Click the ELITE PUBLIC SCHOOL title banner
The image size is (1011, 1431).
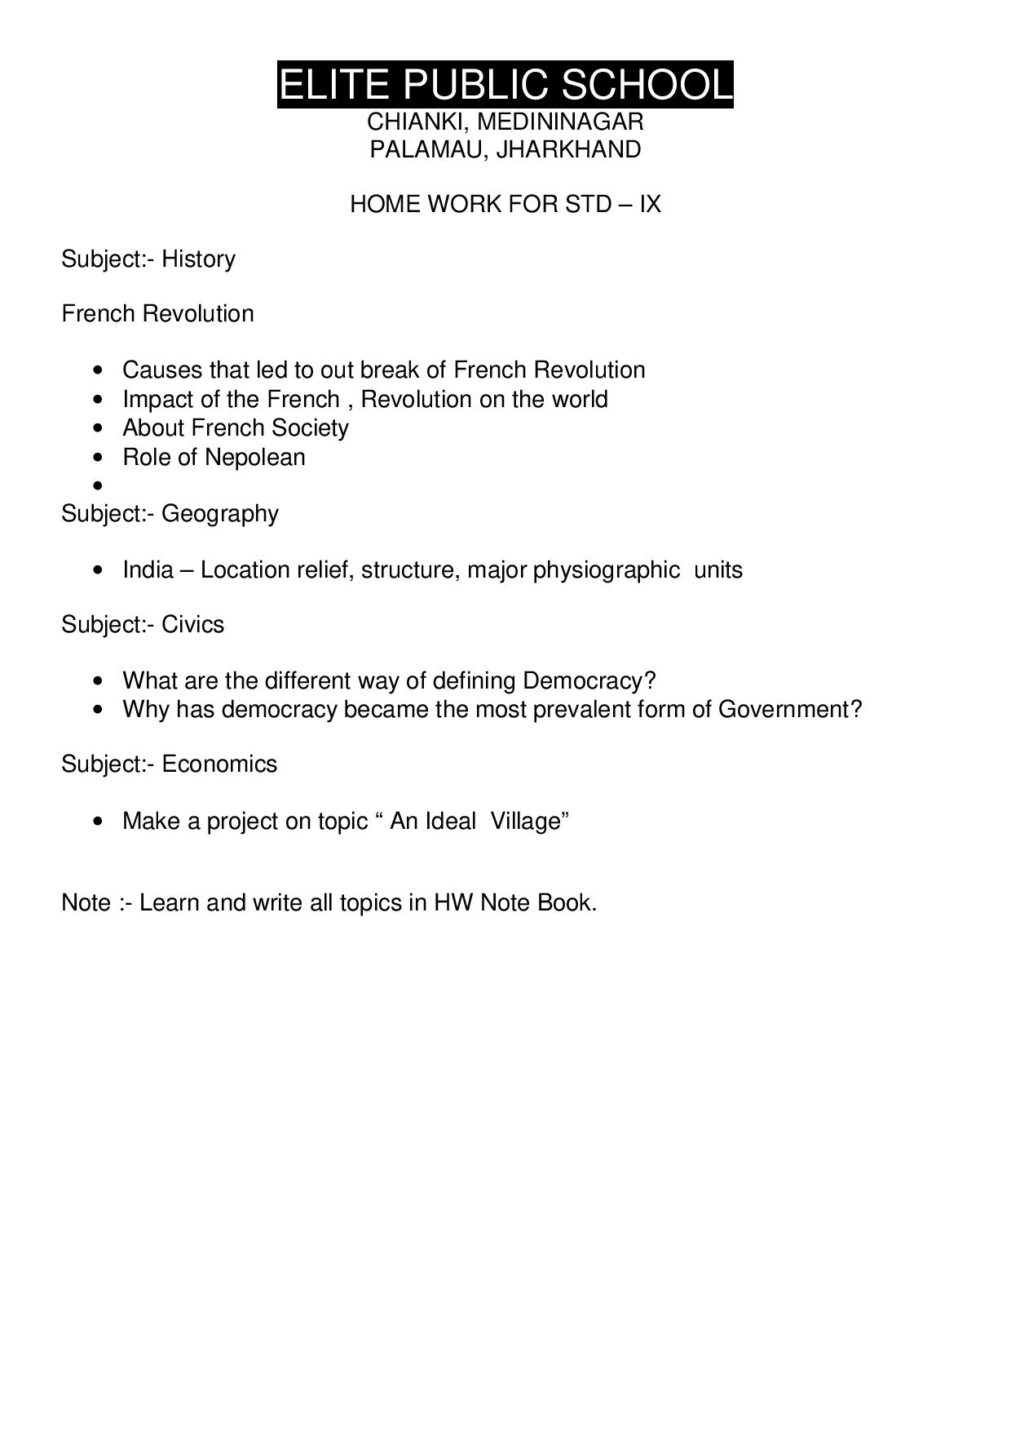505,85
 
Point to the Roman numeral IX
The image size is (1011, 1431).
650,203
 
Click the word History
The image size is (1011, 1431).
198,259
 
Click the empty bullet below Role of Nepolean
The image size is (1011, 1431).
99,486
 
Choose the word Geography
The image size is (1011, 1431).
219,513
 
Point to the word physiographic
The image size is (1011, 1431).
606,569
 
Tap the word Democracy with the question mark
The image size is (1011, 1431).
589,680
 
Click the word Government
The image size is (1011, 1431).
788,709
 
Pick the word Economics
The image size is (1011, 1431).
219,764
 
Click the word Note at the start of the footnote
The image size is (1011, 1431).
86,902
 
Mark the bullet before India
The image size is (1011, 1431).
99,570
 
